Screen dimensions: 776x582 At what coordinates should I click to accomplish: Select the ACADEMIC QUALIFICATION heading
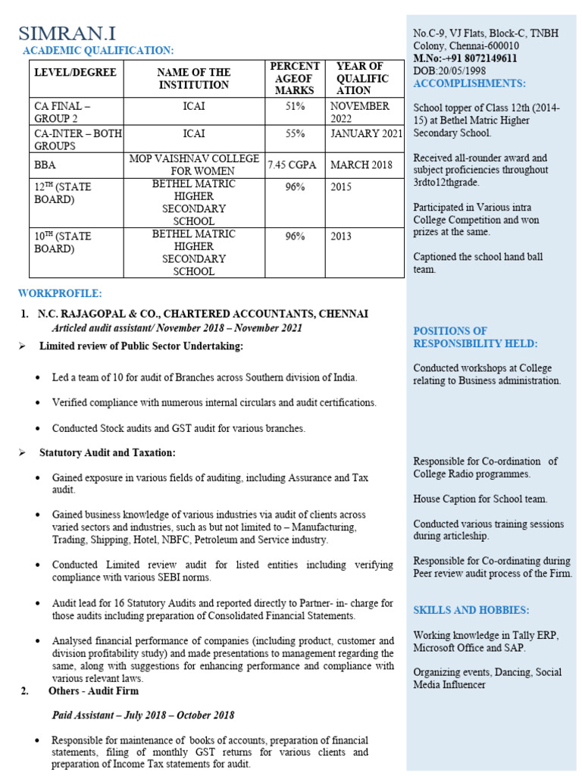[x=98, y=51]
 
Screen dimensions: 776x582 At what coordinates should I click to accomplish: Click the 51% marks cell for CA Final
[x=295, y=107]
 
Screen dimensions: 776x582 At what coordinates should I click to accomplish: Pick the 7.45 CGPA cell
[x=295, y=164]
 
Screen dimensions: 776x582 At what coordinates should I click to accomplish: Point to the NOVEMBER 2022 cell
[x=360, y=113]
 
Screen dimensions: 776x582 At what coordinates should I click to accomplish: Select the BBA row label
[x=45, y=164]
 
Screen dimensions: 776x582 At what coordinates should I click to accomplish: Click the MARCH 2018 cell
[x=361, y=164]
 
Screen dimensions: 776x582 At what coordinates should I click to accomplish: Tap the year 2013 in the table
[x=341, y=236]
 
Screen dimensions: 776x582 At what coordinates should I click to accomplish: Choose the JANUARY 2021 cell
[x=366, y=133]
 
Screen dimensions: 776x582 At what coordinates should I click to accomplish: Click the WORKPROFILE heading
[x=60, y=293]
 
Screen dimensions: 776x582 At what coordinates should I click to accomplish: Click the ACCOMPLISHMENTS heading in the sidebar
[x=469, y=83]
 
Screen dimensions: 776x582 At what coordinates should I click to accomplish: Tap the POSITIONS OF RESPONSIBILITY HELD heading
[x=475, y=337]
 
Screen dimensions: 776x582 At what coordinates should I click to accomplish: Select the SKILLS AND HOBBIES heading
[x=471, y=610]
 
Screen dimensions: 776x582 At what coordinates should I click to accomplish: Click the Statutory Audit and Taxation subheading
[x=107, y=452]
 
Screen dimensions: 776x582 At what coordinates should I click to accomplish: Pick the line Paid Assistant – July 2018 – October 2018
[x=142, y=715]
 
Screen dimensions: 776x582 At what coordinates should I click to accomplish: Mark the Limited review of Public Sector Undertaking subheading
[x=141, y=346]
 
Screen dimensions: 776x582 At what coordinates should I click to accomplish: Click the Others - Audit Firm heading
[x=93, y=690]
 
